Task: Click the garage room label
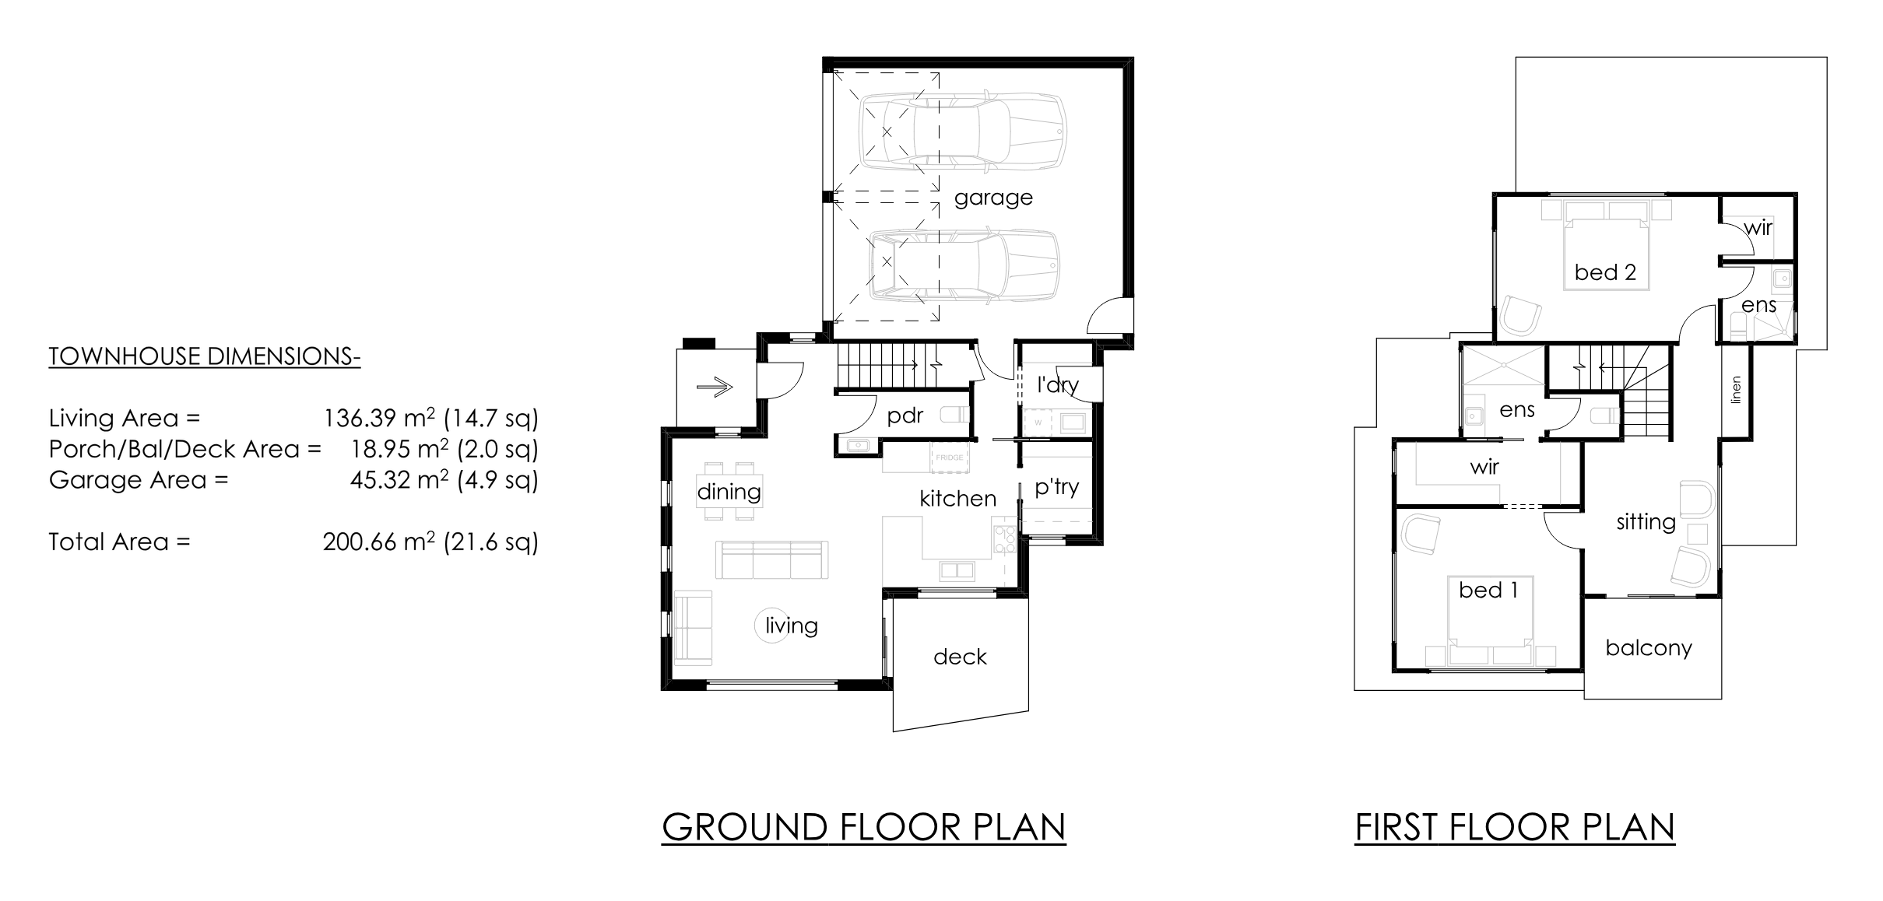coord(993,198)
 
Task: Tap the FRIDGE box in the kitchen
coord(950,458)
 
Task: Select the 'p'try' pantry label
coord(1056,488)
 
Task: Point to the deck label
coord(960,657)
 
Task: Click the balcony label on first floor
coord(1649,648)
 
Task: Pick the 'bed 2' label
coord(1605,272)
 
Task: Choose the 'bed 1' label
coord(1488,590)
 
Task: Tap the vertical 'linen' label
coord(1735,390)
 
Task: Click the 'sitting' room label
coord(1646,522)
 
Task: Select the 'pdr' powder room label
coord(905,416)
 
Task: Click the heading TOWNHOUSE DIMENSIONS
coord(204,356)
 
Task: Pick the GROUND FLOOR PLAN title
coord(864,827)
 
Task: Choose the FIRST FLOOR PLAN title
coord(1515,827)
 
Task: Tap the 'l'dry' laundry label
coord(1057,384)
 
